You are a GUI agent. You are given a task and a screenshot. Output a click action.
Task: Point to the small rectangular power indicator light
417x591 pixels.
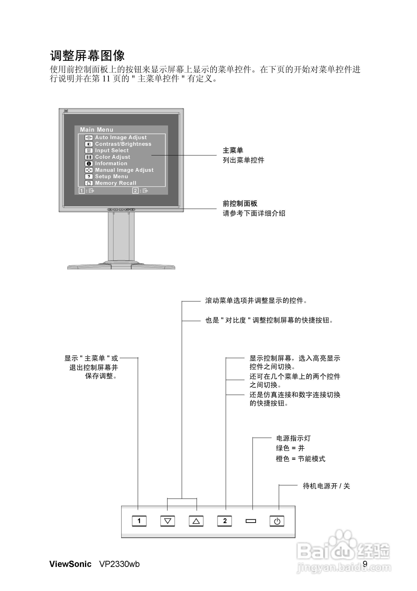(x=251, y=521)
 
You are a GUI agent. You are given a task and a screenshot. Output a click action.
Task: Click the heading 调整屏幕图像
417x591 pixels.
(x=87, y=56)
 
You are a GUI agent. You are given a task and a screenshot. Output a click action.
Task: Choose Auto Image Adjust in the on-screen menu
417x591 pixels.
(x=121, y=137)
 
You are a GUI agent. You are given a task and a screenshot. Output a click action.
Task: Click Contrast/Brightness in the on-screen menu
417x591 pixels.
(x=123, y=144)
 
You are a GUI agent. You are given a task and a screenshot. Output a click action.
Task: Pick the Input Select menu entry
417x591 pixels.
(x=112, y=150)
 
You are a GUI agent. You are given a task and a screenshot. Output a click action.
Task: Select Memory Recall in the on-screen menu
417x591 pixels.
(x=116, y=183)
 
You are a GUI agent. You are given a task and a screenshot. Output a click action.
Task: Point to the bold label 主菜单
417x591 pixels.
(x=233, y=150)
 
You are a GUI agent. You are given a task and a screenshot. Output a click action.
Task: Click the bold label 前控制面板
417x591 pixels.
(x=240, y=204)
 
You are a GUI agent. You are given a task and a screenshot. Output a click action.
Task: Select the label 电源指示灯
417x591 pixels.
(x=293, y=438)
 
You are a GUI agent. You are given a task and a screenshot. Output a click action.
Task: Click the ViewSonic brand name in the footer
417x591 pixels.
(x=70, y=564)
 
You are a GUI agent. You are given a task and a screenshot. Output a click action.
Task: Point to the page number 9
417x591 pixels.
(x=365, y=564)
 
